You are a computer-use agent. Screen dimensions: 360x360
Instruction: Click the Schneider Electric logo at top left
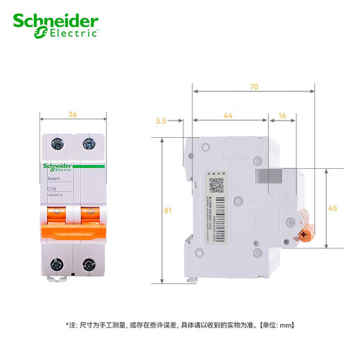pos(56,25)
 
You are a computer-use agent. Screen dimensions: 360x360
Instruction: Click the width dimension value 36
pos(72,114)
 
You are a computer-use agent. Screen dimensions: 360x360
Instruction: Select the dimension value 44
pos(228,116)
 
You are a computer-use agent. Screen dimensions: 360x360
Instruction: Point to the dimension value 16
pos(282,116)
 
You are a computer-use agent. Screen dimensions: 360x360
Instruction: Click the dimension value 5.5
pos(161,121)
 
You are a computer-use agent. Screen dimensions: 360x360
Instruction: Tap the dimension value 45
pos(332,208)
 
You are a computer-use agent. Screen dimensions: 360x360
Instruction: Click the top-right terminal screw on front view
pos(88,145)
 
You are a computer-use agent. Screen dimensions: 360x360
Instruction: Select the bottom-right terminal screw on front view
pos(88,263)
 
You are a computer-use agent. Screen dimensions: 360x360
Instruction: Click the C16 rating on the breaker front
pos(52,188)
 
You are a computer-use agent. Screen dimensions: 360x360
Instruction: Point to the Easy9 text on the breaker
pos(53,179)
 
